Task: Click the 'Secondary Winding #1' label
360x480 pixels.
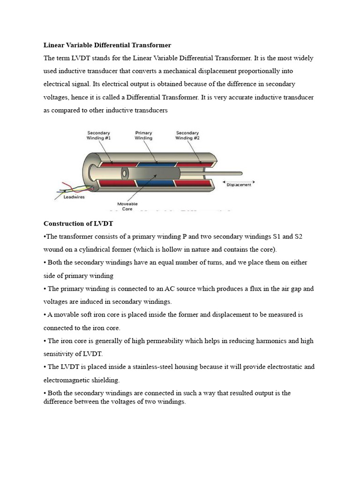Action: tap(98, 135)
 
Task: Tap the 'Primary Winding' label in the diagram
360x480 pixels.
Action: tap(143, 135)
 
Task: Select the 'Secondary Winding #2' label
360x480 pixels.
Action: tap(187, 135)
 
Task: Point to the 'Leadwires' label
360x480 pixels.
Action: tap(74, 197)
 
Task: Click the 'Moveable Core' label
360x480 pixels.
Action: tap(127, 206)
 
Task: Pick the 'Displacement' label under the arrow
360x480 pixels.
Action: tap(239, 185)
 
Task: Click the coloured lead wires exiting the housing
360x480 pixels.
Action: tap(70, 188)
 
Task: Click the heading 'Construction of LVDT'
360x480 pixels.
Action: tap(78, 223)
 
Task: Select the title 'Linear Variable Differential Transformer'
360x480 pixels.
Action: tap(107, 45)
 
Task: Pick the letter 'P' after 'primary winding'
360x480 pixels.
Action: tap(185, 236)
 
